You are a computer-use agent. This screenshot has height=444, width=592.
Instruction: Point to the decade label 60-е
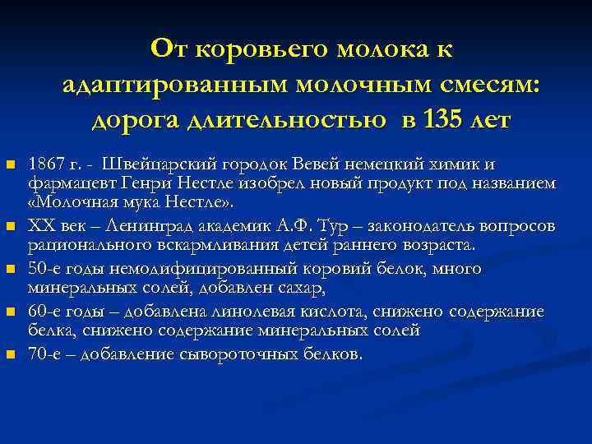[x=44, y=312]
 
